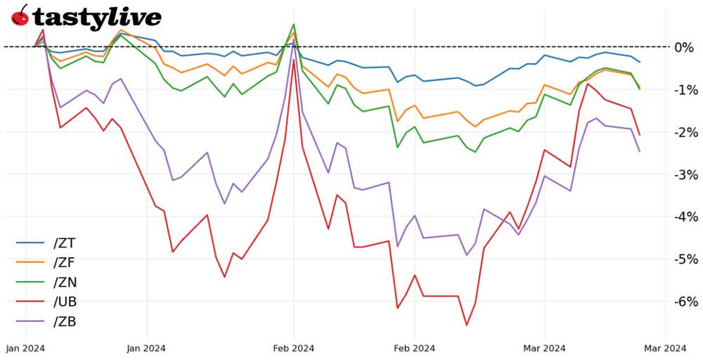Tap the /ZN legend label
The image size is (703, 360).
[64, 283]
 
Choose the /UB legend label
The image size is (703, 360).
[64, 302]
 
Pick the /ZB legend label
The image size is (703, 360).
[64, 322]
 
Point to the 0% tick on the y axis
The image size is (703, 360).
[683, 47]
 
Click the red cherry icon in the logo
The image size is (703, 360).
[20, 15]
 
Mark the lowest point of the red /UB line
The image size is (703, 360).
[466, 325]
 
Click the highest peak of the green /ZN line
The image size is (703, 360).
[293, 25]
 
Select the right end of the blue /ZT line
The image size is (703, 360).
[640, 63]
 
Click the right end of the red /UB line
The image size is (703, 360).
[640, 135]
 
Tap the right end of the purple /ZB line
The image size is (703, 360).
[640, 152]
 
